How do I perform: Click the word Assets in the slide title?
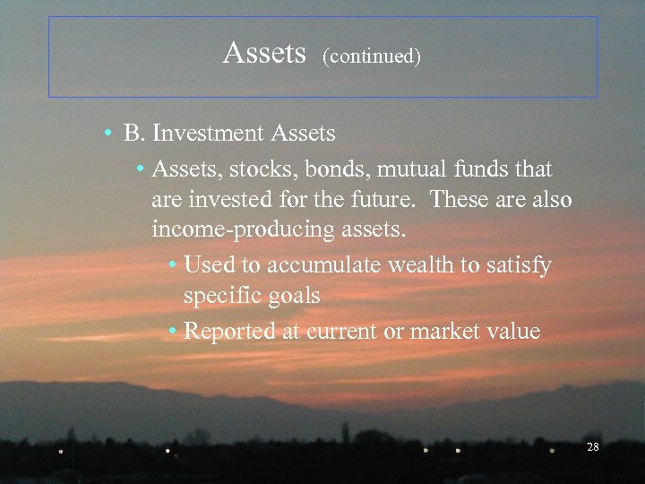point(264,54)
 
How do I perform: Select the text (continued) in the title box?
point(372,56)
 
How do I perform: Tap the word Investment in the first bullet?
point(211,134)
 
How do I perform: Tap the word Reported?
point(229,332)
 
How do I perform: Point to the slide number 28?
point(592,446)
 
